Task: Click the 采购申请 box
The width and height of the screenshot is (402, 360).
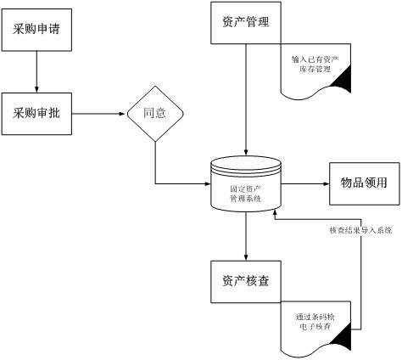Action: pyautogui.click(x=36, y=29)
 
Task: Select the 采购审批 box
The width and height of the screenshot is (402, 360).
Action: pyautogui.click(x=36, y=113)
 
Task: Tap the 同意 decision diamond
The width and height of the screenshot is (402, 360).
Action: pyautogui.click(x=154, y=113)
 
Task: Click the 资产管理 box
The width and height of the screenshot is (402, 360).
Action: pyautogui.click(x=245, y=22)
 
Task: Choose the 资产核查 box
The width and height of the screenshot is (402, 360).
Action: pyautogui.click(x=245, y=281)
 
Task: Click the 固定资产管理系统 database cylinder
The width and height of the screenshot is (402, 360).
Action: pyautogui.click(x=246, y=191)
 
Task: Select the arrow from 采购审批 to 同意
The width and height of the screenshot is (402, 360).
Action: pyautogui.click(x=98, y=113)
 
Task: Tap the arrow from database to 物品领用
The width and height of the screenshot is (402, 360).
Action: pyautogui.click(x=305, y=183)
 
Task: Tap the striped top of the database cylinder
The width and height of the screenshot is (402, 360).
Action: pyautogui.click(x=246, y=166)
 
